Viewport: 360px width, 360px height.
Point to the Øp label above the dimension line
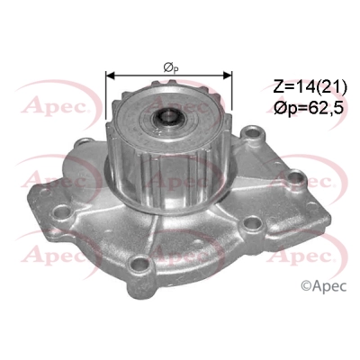tap(169, 66)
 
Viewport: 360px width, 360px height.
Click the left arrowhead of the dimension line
tap(111, 76)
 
